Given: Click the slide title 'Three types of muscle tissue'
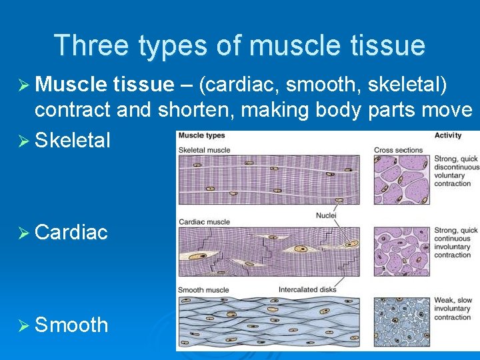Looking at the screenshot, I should pos(239,45).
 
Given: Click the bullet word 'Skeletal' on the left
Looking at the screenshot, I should pos(72,140).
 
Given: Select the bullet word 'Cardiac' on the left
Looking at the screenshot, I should pos(71,232).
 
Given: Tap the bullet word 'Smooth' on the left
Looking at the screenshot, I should pos(71,325).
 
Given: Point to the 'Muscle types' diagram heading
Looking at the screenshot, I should pos(201,136).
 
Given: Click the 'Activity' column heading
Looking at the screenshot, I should pos(448,136).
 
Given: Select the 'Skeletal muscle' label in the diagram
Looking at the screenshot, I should pos(204,149).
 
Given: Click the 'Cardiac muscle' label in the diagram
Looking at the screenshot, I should pos(204,221).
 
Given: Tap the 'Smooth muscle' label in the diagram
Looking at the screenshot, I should pos(203,290).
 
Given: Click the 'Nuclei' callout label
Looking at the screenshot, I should pos(326,215).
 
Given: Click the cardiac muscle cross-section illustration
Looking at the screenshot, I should pos(401,251).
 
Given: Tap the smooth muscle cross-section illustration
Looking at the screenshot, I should pos(401,321).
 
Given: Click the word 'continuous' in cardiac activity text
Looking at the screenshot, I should pos(453,239).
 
